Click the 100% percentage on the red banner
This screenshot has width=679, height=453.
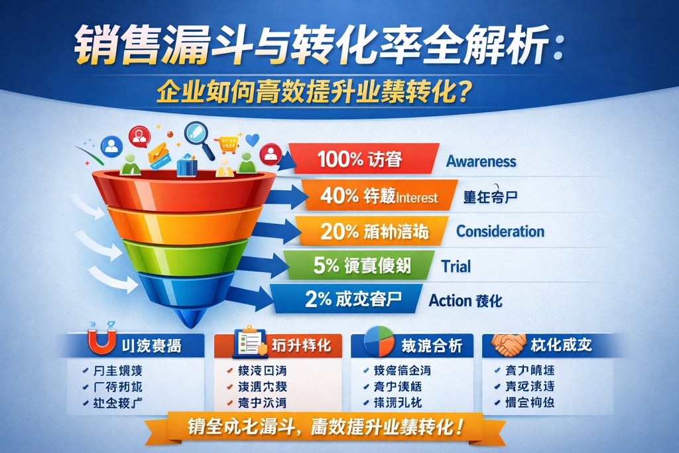338,160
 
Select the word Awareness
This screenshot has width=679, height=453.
481,161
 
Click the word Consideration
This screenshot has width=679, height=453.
500,231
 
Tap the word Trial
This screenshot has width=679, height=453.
456,267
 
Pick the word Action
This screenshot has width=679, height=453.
449,300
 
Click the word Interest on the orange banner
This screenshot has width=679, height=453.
418,197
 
